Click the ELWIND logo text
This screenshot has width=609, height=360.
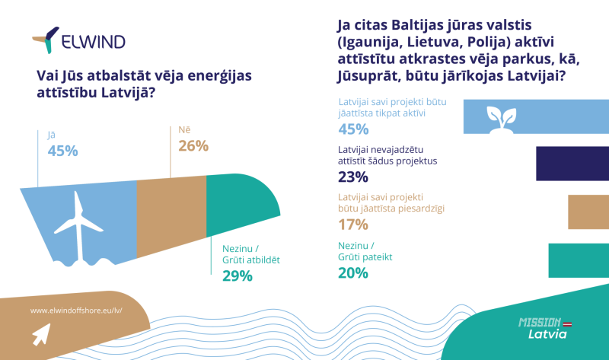click(x=93, y=42)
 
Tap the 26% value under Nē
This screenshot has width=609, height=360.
click(x=193, y=146)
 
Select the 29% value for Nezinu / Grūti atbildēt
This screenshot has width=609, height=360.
click(x=238, y=276)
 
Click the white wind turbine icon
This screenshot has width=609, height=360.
click(x=79, y=227)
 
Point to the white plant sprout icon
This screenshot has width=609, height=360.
click(x=502, y=120)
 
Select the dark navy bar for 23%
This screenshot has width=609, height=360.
click(x=572, y=164)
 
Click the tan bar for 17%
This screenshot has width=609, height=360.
click(x=588, y=212)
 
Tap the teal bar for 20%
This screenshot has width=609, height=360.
click(x=579, y=260)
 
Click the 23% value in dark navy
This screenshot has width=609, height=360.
click(x=353, y=177)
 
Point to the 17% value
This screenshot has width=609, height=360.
click(x=353, y=225)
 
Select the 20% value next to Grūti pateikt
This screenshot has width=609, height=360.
click(x=353, y=273)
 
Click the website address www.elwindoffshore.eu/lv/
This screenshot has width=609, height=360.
click(x=76, y=311)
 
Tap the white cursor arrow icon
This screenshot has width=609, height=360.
click(x=42, y=334)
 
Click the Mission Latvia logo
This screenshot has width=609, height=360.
click(x=545, y=328)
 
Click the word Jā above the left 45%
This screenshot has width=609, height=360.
click(x=52, y=135)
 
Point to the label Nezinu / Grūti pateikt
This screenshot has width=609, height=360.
click(x=365, y=251)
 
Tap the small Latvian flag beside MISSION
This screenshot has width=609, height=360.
click(x=567, y=324)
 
